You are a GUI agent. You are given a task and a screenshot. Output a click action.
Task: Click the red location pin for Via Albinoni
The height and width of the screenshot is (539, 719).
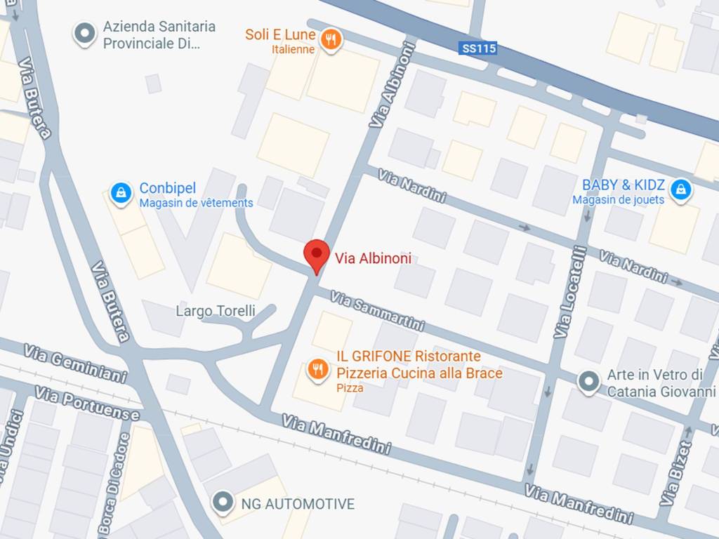[x=316, y=254]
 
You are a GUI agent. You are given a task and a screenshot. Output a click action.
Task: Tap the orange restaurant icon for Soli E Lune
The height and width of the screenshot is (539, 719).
[x=331, y=39]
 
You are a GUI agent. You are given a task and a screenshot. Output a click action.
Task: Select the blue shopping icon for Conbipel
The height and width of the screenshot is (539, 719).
[x=121, y=193]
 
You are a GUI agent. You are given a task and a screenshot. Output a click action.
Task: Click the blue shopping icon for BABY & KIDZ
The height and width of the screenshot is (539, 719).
[x=679, y=189]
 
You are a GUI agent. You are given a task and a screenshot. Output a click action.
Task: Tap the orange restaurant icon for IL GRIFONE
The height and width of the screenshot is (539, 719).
[x=318, y=368]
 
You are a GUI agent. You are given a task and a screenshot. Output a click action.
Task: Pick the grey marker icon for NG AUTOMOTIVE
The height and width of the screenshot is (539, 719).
[x=223, y=502]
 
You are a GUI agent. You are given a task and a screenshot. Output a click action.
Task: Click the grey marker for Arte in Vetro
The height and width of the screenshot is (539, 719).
[x=588, y=382]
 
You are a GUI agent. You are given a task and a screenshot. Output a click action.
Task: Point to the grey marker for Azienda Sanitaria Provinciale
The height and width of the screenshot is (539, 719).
[x=85, y=33]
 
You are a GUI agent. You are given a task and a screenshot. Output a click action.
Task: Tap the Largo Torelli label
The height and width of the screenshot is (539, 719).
[x=216, y=311]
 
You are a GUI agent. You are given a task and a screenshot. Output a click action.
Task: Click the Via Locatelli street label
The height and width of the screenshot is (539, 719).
[x=569, y=292]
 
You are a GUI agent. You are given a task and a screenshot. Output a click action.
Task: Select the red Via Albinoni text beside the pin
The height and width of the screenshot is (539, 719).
[x=373, y=259]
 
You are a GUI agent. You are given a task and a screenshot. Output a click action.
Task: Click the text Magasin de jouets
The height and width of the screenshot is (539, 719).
[x=618, y=200]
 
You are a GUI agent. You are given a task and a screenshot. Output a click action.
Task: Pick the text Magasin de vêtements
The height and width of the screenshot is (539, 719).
[x=196, y=204]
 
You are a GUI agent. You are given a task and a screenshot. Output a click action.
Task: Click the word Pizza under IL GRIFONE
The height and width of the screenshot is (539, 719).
[x=350, y=388]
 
